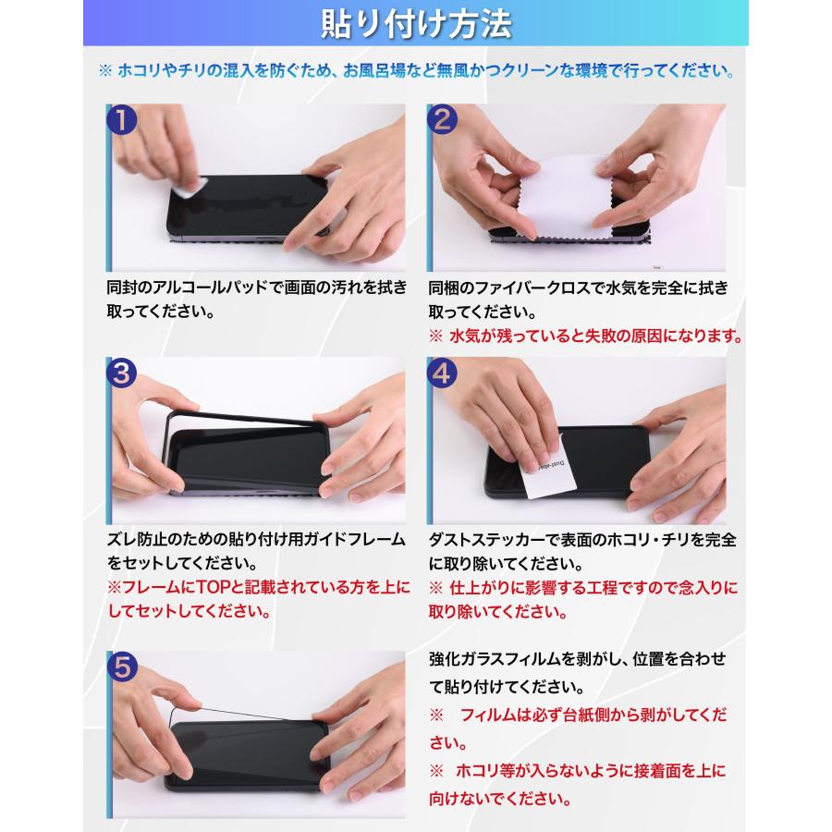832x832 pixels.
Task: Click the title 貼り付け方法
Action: click(x=416, y=24)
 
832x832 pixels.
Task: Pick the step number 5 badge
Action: click(x=122, y=666)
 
